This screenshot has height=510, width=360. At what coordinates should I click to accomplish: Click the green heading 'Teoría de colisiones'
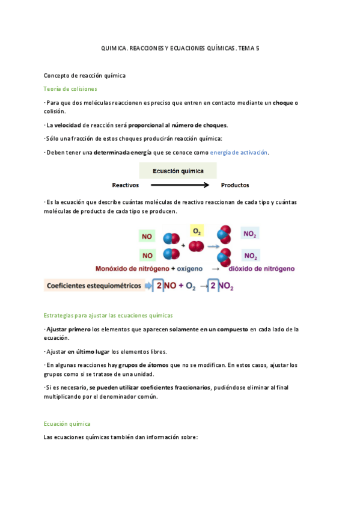click(x=70, y=89)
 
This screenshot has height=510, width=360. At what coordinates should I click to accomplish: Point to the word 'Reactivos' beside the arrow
click(x=126, y=185)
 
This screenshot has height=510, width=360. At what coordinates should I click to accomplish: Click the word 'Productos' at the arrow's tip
click(x=235, y=185)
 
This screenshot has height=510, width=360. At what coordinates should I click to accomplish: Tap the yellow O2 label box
click(x=197, y=231)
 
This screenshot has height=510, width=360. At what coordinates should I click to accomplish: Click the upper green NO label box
click(x=147, y=236)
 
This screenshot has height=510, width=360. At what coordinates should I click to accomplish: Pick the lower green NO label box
click(x=147, y=255)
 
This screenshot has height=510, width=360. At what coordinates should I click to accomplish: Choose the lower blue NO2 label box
click(x=251, y=256)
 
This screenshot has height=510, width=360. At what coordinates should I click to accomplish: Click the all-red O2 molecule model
click(x=196, y=246)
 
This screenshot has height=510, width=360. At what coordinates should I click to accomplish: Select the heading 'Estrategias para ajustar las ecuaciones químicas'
click(x=109, y=315)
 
